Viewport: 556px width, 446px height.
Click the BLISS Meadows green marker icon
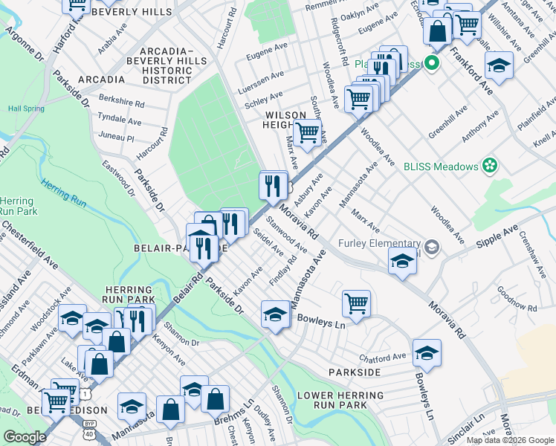489,166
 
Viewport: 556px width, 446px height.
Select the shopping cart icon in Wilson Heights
307,133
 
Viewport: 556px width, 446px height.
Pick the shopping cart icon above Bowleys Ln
356,303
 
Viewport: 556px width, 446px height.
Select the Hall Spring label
26,109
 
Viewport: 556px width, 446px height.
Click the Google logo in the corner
24,437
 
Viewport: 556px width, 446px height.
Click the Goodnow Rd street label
517,297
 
